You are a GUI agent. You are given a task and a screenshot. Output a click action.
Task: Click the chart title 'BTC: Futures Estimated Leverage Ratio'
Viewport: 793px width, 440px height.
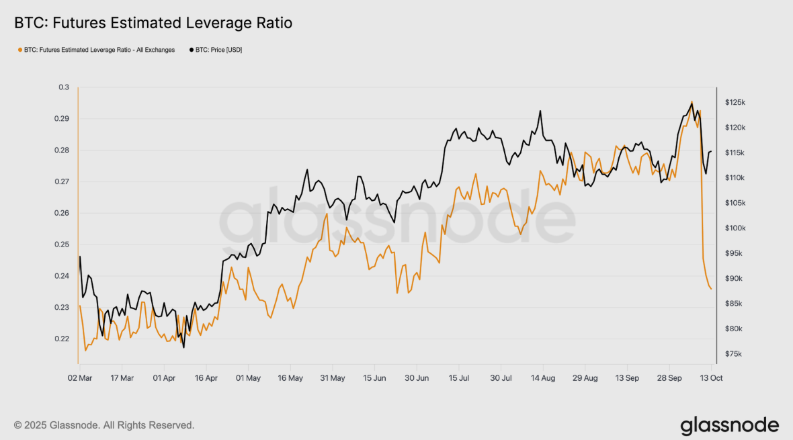coord(153,24)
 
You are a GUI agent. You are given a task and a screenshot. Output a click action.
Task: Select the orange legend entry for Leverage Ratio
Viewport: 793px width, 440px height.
coord(98,50)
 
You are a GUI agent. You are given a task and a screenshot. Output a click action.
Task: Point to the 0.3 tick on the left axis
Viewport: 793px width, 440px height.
coord(64,87)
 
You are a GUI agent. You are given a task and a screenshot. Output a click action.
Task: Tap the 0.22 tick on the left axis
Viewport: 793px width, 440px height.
coord(62,339)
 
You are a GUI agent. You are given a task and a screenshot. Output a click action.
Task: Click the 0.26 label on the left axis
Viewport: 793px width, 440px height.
coord(62,213)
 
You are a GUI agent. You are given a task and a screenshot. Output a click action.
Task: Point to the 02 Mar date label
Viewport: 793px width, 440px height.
coord(80,378)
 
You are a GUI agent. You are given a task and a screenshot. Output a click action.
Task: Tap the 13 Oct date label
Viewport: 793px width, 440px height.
coord(711,378)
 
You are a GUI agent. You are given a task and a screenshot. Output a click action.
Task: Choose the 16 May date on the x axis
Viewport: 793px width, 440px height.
coord(290,378)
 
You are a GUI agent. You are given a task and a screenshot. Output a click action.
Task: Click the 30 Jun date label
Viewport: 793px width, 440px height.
coord(417,378)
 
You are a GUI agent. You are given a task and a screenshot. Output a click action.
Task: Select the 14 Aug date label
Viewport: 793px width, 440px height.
coord(543,378)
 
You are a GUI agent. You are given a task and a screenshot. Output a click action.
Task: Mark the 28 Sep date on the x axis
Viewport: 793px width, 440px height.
coord(669,378)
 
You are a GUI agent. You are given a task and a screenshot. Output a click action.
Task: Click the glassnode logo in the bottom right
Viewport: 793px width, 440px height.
coord(729,426)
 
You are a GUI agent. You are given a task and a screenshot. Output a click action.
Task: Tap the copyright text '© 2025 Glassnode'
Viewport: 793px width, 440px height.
coord(104,425)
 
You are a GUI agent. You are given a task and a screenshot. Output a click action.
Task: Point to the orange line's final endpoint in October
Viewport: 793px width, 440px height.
coord(711,289)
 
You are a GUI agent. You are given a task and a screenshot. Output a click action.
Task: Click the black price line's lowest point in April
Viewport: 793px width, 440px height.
coord(183,347)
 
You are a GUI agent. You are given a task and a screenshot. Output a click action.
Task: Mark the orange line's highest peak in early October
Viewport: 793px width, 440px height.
coord(692,102)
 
